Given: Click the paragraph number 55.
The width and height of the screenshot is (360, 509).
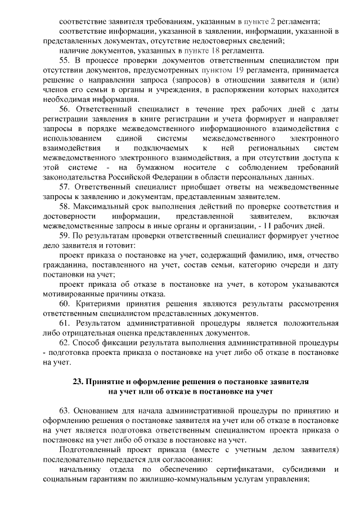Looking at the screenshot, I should (65, 60).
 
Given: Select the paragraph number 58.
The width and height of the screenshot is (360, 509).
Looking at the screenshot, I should (65, 206).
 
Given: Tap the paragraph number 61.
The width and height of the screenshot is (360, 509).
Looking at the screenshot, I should (65, 323).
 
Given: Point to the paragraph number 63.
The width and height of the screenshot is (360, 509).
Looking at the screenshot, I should (65, 410).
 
